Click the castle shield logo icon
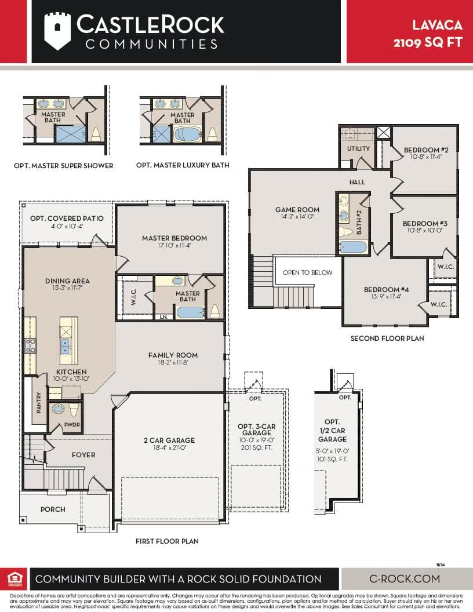click(57, 31)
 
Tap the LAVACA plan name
click(438, 25)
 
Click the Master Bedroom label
click(174, 238)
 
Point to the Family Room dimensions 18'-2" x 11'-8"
click(173, 363)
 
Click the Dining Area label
click(67, 281)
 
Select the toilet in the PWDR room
click(73, 410)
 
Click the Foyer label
click(83, 455)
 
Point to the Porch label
click(53, 509)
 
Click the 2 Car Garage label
click(169, 440)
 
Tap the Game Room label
click(297, 210)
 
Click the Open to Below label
click(308, 272)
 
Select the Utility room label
click(358, 149)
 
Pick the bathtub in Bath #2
click(352, 247)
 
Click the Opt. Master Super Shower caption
click(64, 166)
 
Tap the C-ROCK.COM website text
click(405, 578)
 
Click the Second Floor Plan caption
click(387, 338)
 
